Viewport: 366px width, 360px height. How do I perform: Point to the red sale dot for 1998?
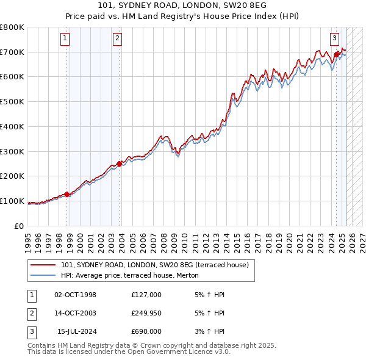coord(67,194)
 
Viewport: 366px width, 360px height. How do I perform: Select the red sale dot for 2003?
coord(120,163)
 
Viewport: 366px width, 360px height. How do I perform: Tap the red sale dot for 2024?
coord(336,54)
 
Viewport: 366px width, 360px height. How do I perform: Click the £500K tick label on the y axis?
coord(12,102)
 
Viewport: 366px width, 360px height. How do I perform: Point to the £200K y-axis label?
coord(12,176)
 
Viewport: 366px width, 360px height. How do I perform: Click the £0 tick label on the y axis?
coord(18,226)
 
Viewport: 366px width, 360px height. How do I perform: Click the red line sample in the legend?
coord(43,265)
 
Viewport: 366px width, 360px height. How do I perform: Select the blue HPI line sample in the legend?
coord(43,275)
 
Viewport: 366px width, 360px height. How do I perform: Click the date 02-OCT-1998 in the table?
coord(76,295)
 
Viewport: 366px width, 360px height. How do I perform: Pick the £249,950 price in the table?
coord(146,313)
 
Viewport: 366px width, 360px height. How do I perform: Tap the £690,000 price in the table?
coord(146,331)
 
